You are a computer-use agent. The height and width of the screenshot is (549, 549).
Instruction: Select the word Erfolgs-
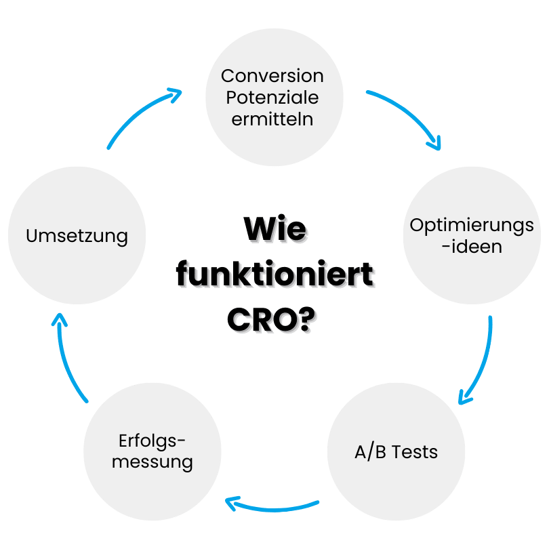pos(152,441)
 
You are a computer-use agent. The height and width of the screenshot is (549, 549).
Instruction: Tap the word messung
pos(152,463)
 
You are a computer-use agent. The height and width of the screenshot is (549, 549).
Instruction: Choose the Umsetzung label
pos(77,236)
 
